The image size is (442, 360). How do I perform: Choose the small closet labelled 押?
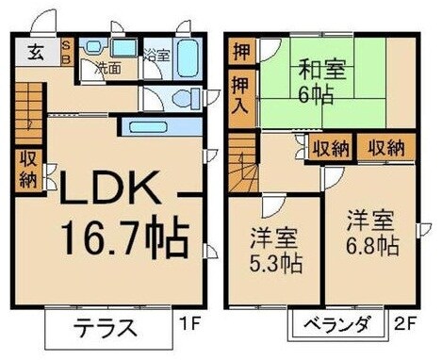[x=239, y=50]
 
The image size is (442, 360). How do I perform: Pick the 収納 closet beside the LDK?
[x=26, y=171]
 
